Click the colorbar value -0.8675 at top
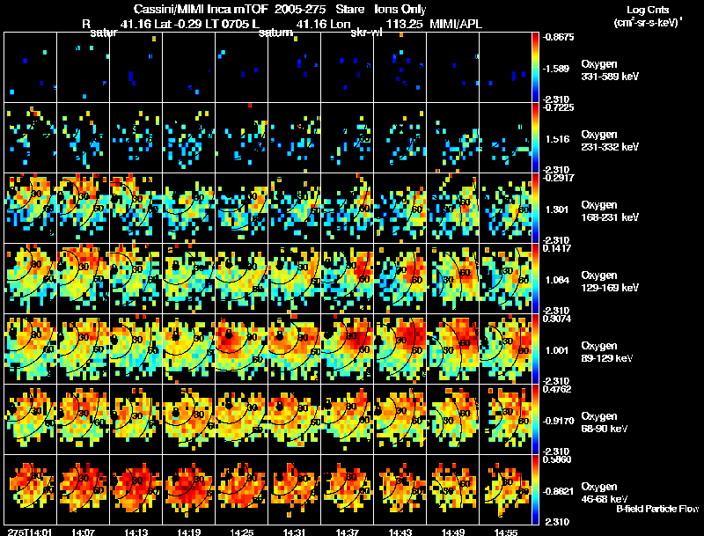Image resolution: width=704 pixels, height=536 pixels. [561, 38]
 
